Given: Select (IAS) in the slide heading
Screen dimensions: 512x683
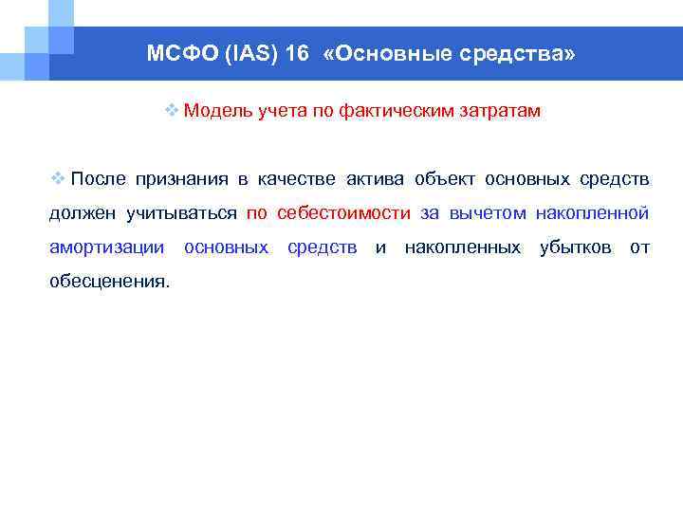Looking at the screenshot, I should pos(248,54).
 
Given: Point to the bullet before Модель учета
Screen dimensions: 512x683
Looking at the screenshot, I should pos(171,111).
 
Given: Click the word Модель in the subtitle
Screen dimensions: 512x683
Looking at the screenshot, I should pos(217,111).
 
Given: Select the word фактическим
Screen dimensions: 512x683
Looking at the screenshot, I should pos(394,111).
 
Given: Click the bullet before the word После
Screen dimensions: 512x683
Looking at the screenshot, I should pos(57,179).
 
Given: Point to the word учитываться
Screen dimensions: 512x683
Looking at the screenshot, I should pos(181,213).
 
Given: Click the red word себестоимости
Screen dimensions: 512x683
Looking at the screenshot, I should pos(343,213).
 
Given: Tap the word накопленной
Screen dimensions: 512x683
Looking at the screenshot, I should pos(592,213).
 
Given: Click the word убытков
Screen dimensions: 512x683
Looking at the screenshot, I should pos(575,247).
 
